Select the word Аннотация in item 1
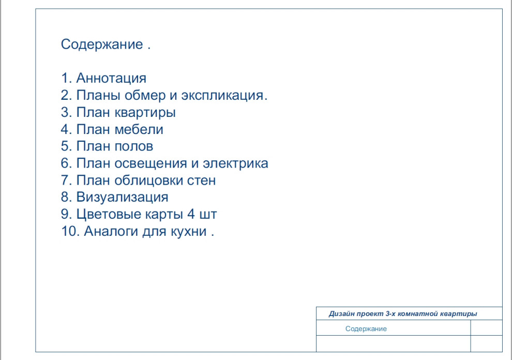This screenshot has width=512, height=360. tap(111, 79)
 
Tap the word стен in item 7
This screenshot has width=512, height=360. tap(204, 181)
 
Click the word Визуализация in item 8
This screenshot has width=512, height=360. tap(122, 198)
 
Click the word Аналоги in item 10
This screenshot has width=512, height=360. tap(111, 232)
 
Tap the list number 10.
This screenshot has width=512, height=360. tap(69, 232)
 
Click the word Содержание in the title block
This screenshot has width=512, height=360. tap(366, 329)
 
